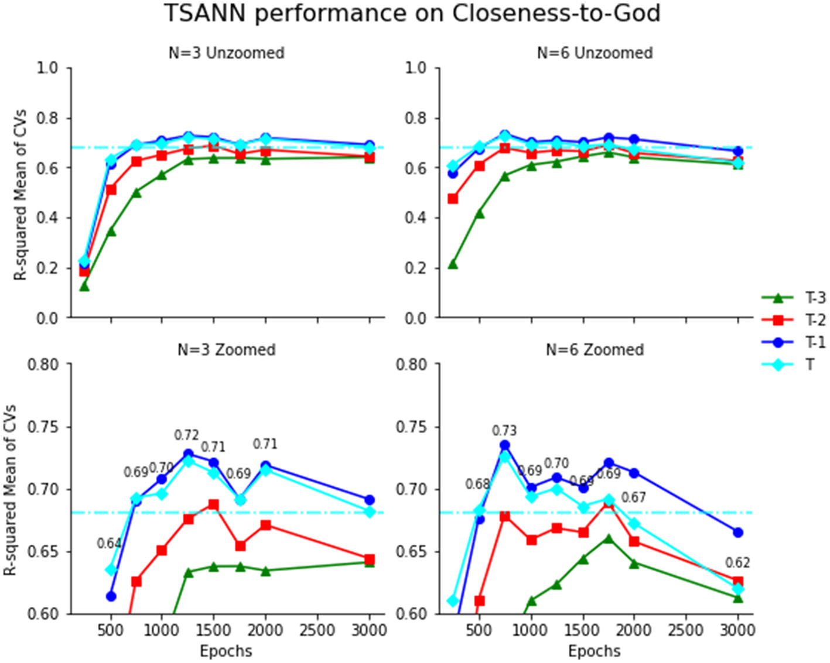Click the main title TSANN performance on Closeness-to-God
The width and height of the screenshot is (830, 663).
click(412, 13)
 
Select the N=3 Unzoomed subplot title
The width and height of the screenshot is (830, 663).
click(227, 53)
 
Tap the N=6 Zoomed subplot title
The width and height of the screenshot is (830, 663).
click(595, 349)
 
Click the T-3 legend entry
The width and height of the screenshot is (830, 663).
click(793, 298)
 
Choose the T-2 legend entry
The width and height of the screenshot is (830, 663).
click(793, 320)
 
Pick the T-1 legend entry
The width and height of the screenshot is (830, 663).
click(793, 342)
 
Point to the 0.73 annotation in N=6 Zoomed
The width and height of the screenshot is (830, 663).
click(504, 431)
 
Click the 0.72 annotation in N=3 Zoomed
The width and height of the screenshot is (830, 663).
click(186, 435)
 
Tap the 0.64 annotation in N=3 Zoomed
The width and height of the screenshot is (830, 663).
click(109, 544)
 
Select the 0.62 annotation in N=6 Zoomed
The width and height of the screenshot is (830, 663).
click(737, 562)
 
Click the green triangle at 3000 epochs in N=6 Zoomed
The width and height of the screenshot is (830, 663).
click(738, 597)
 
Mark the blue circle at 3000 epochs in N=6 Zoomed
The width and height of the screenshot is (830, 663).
click(738, 533)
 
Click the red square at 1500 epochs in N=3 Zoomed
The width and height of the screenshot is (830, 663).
click(213, 504)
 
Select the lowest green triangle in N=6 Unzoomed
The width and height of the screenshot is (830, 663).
click(452, 264)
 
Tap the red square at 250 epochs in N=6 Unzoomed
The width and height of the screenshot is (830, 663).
click(452, 199)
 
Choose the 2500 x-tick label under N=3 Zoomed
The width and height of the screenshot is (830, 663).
click(317, 630)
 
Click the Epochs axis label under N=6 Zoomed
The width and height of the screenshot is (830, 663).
click(594, 651)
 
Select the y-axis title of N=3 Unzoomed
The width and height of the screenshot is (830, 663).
click(21, 194)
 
